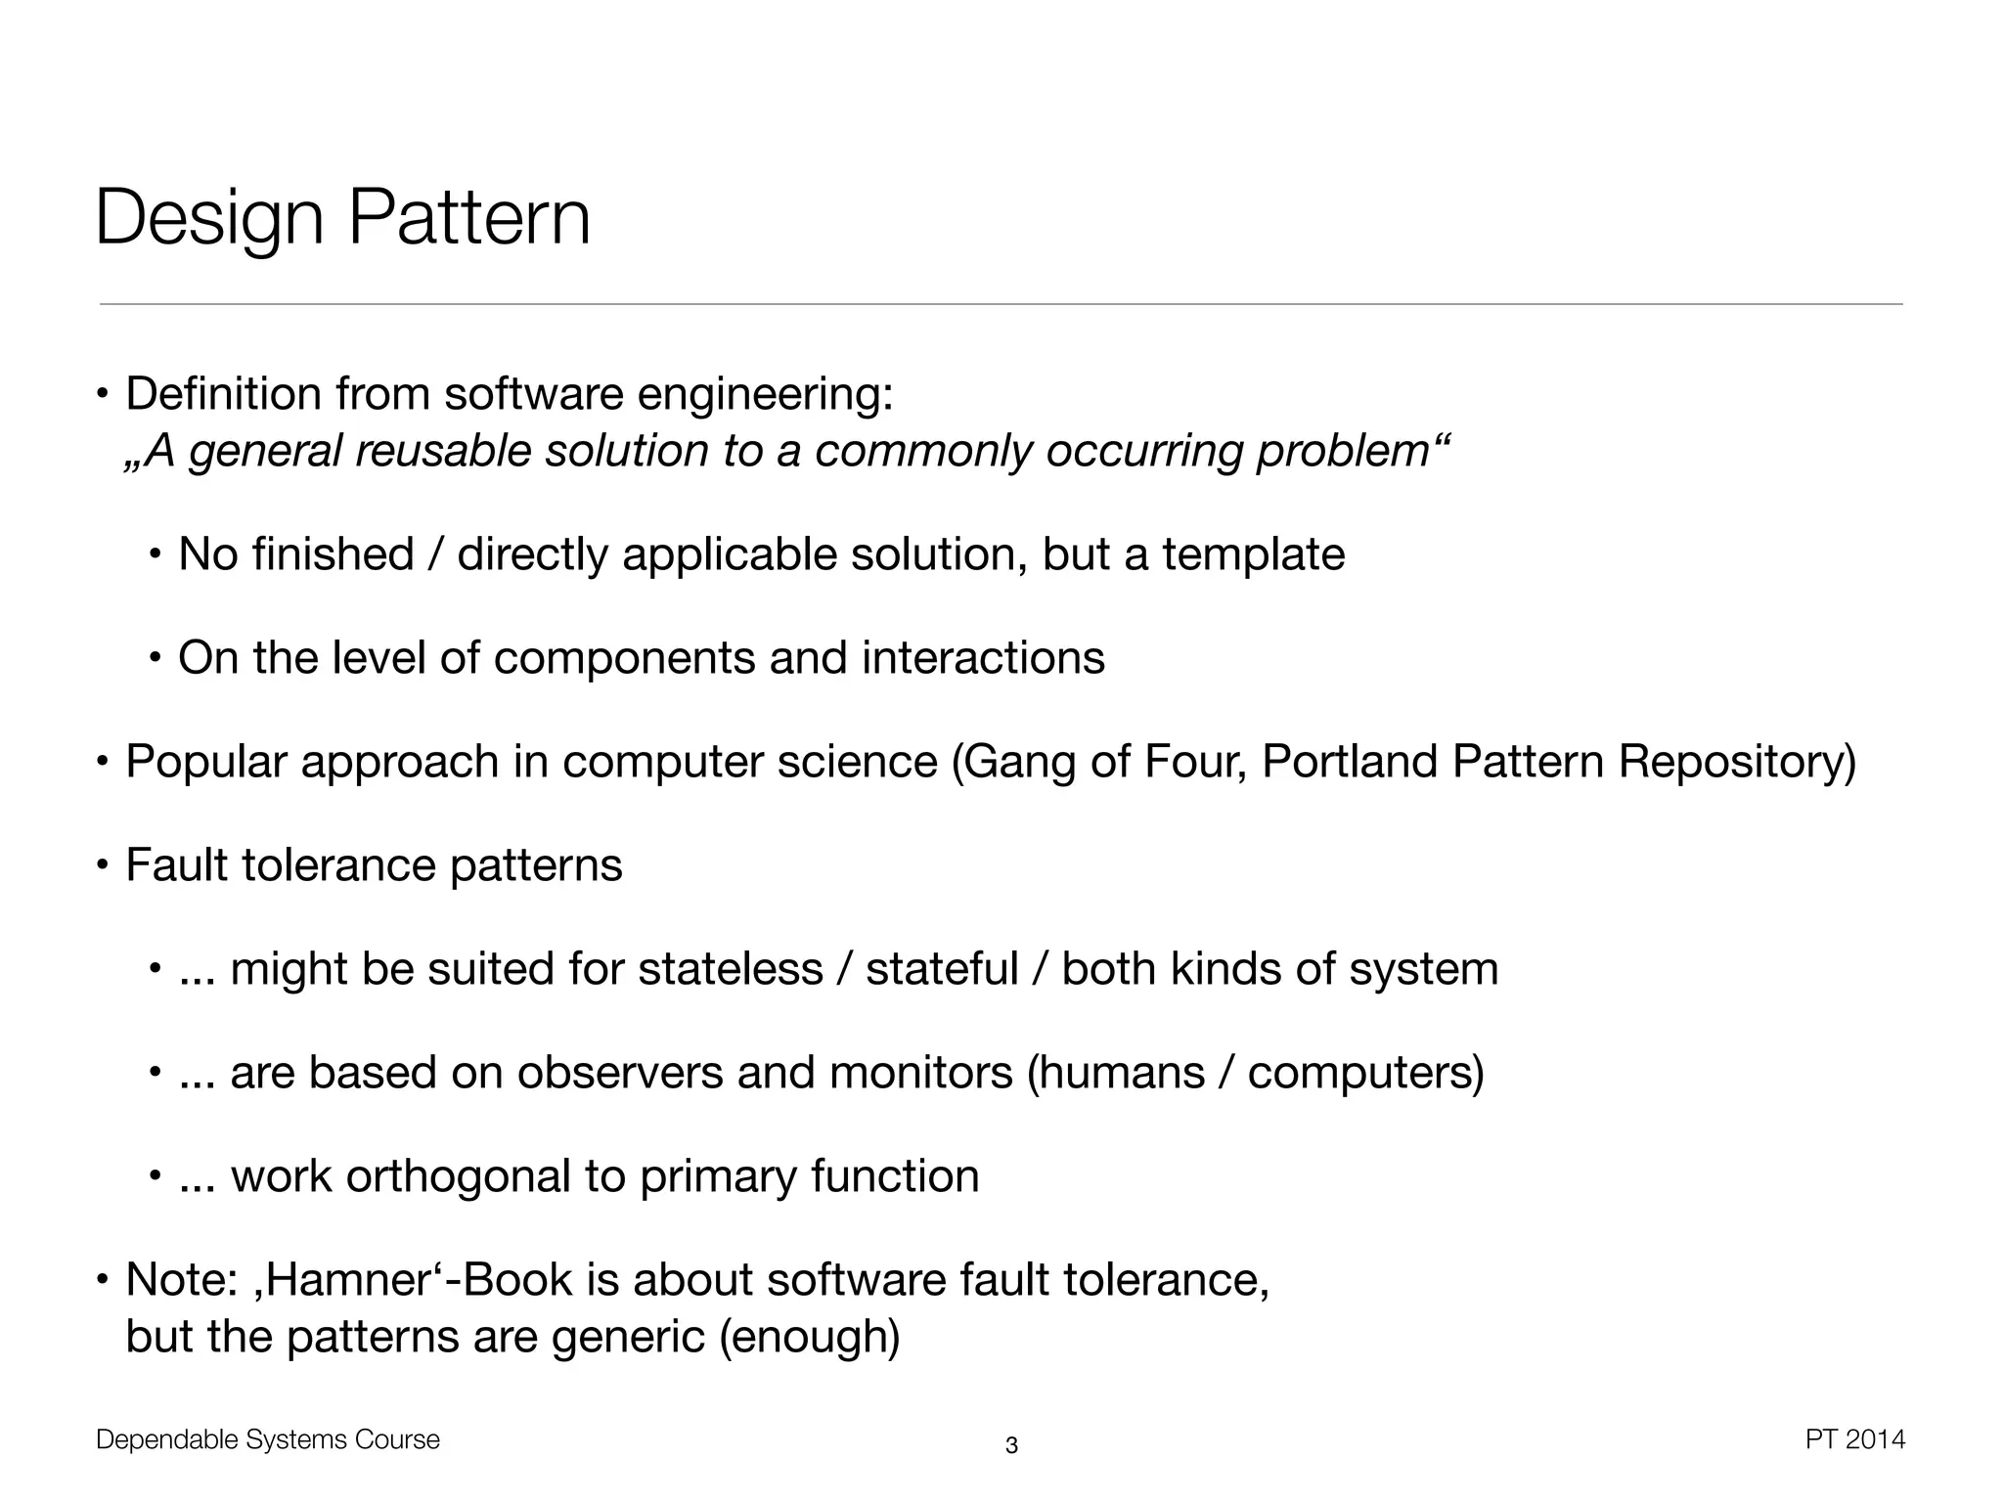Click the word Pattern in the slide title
tap(468, 218)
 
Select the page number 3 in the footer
tap(1011, 1445)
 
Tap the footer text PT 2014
tap(1854, 1439)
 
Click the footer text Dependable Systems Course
tap(268, 1439)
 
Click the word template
tap(1253, 554)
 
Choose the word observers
tap(619, 1073)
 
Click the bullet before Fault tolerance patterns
tap(102, 865)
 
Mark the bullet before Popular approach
tap(102, 762)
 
